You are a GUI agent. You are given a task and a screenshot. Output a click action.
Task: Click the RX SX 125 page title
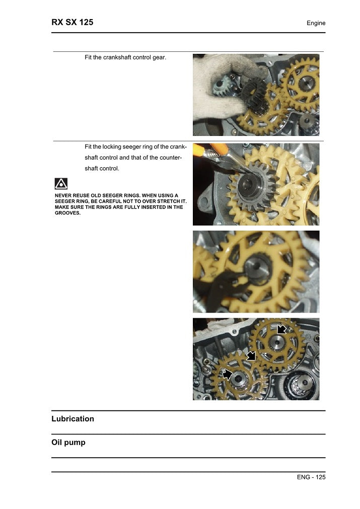coord(73,22)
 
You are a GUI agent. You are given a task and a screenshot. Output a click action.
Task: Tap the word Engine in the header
coord(316,23)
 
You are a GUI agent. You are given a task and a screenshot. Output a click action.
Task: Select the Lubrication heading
coord(73,419)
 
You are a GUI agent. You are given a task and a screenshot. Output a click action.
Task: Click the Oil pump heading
coord(68,443)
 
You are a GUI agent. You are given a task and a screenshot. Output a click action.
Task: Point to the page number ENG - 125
coord(311,477)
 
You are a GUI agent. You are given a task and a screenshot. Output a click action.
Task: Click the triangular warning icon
coord(61,184)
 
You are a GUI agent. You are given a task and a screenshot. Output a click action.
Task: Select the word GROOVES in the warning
coord(67,213)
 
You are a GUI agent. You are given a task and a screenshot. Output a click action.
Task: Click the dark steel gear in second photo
coord(253,189)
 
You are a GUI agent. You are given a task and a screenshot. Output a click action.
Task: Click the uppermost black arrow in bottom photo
coord(281,329)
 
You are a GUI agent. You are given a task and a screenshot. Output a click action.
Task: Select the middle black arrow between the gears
coord(251,355)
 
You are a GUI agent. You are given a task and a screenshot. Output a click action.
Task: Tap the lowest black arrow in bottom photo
coord(228,374)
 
